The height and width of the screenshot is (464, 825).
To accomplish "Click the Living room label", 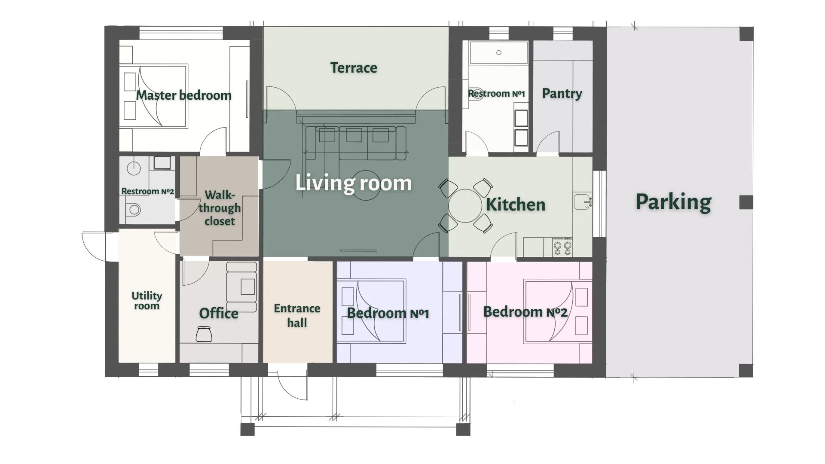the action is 353,183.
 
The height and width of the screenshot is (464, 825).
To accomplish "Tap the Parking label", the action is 673,202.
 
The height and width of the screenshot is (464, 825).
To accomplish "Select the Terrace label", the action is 354,67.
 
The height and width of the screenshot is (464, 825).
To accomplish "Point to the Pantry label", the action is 562,93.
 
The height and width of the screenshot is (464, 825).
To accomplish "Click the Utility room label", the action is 147,300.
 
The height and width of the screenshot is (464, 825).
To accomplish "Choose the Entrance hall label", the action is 297,315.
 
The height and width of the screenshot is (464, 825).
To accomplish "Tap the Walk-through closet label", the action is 220,208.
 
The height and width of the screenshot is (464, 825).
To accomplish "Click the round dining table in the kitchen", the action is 465,205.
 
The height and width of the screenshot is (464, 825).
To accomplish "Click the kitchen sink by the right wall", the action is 583,201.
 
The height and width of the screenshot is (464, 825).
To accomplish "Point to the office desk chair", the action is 204,334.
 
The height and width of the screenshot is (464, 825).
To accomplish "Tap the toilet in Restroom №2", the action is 133,210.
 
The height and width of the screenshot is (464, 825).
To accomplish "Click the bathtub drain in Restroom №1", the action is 498,53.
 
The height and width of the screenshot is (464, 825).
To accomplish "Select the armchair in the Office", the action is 241,287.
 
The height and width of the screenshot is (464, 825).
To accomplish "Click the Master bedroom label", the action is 183,95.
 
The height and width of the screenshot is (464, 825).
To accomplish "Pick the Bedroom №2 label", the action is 525,312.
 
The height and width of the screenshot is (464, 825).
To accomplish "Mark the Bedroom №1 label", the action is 388,313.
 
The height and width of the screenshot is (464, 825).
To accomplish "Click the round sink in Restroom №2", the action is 134,168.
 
